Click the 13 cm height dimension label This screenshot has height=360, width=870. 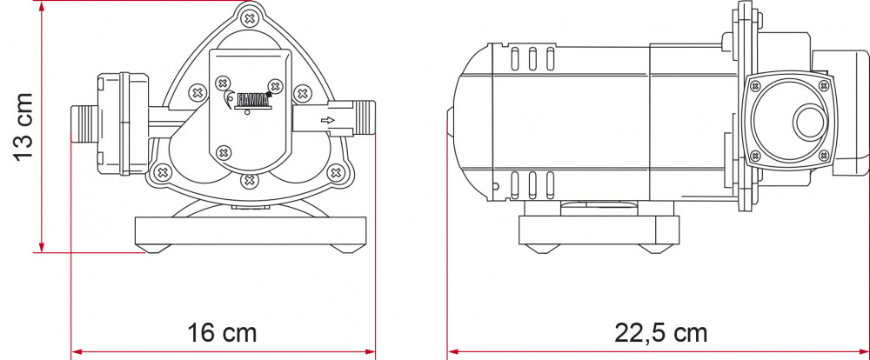(23, 126)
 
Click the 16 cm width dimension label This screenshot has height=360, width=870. (222, 332)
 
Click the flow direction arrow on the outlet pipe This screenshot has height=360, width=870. (328, 121)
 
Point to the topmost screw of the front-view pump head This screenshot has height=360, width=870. (250, 17)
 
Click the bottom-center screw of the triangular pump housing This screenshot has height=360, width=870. (250, 180)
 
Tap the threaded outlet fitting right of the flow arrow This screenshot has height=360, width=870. (365, 119)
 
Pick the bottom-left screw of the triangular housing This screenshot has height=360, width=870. (161, 172)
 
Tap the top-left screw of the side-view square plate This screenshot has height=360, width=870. (753, 85)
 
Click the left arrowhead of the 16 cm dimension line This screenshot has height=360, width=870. (75, 352)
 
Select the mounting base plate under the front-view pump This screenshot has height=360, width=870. (250, 231)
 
